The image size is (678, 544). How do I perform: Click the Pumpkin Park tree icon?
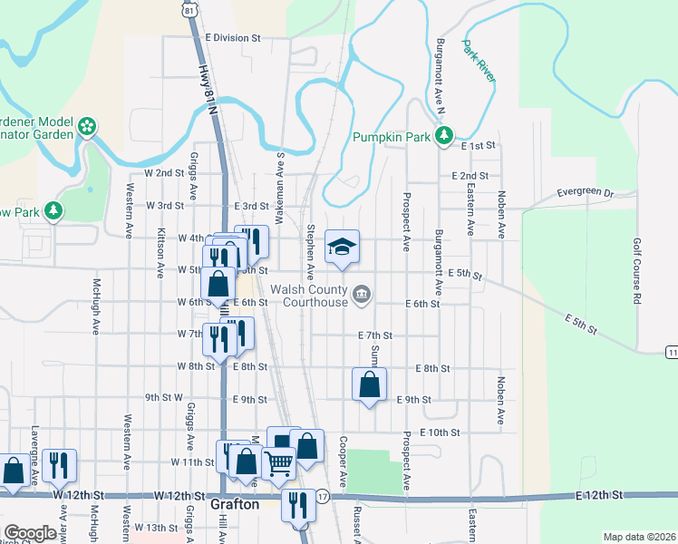[x=443, y=137]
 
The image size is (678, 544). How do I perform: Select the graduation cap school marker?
[x=342, y=247]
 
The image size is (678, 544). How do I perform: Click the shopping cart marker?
[x=278, y=463]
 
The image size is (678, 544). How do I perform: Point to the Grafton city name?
[x=235, y=504]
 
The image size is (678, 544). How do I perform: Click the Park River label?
[x=479, y=61]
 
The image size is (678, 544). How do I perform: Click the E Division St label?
[x=232, y=38]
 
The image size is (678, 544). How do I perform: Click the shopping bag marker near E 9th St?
[x=370, y=384]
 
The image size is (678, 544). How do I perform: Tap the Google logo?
[x=30, y=533]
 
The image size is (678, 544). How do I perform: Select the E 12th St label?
[x=599, y=495]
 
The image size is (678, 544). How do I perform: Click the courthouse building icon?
[x=362, y=293]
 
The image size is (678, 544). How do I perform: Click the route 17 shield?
[x=323, y=496]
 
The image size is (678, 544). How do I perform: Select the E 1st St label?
[x=480, y=146]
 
